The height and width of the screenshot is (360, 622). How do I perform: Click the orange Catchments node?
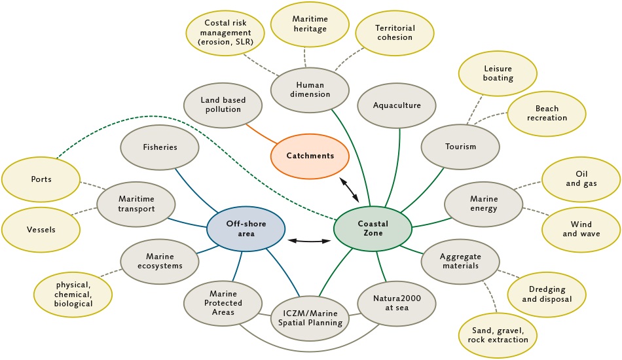(x=310, y=156)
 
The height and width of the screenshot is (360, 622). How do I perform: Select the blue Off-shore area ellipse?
(x=246, y=229)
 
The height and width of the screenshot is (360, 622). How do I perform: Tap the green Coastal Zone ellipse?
(x=373, y=229)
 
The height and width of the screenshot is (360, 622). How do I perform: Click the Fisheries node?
(x=160, y=147)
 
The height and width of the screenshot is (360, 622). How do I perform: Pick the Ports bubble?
(x=41, y=179)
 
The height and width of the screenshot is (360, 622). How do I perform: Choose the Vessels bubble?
(x=41, y=230)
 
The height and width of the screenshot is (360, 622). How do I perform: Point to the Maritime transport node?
(x=136, y=204)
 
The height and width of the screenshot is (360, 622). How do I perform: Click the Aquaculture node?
(x=397, y=105)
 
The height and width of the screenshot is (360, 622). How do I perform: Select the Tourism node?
(x=460, y=147)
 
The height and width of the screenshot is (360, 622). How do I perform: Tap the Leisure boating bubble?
(x=498, y=73)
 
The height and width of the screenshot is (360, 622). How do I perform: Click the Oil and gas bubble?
(x=581, y=179)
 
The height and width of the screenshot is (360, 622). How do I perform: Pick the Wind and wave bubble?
(x=581, y=230)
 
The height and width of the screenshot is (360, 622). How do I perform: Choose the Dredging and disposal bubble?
(x=547, y=295)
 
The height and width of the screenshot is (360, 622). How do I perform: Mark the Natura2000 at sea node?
(x=397, y=303)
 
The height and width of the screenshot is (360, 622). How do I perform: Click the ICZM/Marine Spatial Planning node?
(x=310, y=318)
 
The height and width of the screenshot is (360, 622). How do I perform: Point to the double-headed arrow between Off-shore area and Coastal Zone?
(x=310, y=241)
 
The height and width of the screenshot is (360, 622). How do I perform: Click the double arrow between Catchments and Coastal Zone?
(x=349, y=190)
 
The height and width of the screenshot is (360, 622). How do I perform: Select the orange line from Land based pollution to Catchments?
(x=261, y=134)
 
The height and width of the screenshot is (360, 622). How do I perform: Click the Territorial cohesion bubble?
(x=395, y=33)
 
